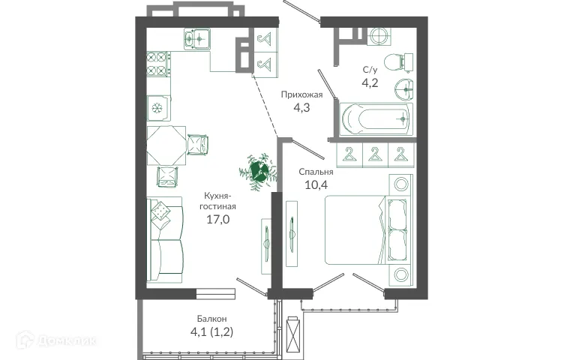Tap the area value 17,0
click(218, 220)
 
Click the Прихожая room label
click(301, 94)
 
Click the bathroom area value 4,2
click(370, 82)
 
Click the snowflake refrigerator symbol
click(157, 108)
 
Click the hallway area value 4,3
click(301, 108)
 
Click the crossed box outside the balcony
click(295, 330)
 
